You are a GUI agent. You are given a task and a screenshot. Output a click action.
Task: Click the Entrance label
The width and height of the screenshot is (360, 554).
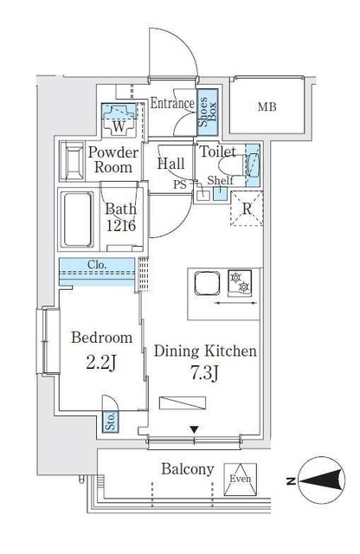[x=171, y=104]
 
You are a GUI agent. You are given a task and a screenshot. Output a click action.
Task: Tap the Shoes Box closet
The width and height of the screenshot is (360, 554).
[x=208, y=112]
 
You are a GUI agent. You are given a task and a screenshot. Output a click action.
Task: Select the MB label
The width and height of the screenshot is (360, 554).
[x=267, y=107]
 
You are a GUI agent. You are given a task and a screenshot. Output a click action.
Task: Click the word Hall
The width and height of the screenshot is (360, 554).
[x=170, y=163]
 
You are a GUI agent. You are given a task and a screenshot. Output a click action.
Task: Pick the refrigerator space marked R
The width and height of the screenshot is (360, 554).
[x=246, y=209]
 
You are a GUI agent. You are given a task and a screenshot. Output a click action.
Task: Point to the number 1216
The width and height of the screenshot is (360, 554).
[x=121, y=226]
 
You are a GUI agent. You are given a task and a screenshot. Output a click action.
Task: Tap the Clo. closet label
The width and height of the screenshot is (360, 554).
[x=97, y=265]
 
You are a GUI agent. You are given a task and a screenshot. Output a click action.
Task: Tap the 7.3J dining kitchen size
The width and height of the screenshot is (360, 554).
[x=204, y=372]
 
